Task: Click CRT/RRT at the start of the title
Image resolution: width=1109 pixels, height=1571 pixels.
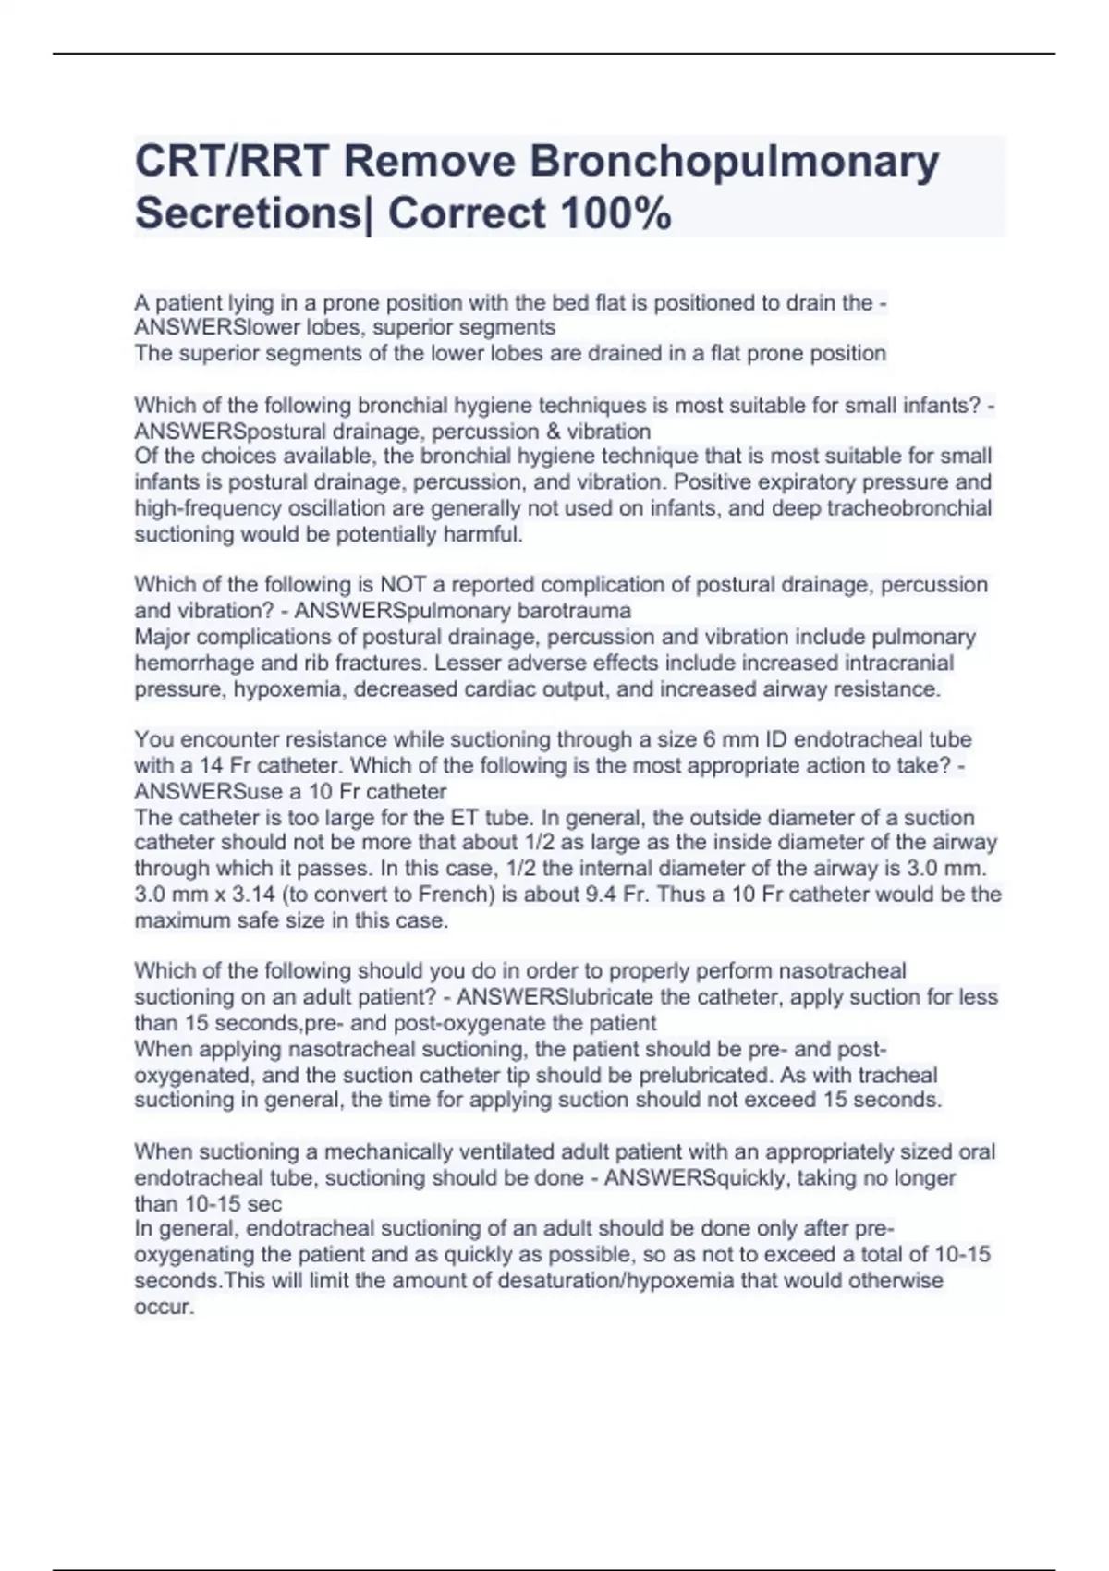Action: pyautogui.click(x=231, y=163)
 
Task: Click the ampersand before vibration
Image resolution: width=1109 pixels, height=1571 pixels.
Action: pyautogui.click(x=525, y=432)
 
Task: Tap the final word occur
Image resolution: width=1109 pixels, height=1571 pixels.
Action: pyautogui.click(x=164, y=1308)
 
